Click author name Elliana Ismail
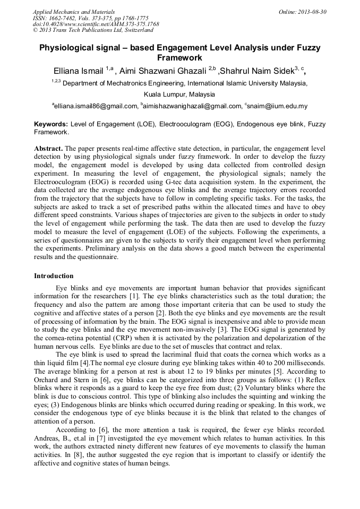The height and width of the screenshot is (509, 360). click(78, 71)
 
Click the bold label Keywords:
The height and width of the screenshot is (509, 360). click(51, 124)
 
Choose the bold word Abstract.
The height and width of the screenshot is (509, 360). click(49, 149)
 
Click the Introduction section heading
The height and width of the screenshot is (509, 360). click(54, 276)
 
